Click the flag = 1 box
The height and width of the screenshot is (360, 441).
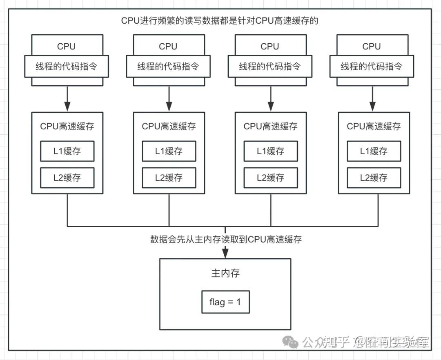(225, 302)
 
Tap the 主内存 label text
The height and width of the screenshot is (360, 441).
(225, 273)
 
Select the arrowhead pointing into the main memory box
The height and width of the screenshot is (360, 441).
(225, 254)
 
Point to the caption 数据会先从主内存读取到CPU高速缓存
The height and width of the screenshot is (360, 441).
(226, 240)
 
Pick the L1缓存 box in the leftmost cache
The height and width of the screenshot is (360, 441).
(67, 151)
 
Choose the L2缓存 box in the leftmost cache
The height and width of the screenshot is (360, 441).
(67, 178)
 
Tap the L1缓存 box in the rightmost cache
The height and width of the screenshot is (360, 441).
(374, 151)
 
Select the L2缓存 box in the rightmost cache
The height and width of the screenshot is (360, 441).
(374, 178)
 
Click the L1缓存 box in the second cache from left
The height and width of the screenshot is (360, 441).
(169, 151)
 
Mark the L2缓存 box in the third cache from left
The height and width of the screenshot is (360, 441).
(271, 178)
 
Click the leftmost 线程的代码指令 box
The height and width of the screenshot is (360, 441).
(67, 67)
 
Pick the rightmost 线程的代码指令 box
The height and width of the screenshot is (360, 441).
(372, 67)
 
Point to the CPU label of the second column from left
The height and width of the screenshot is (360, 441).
(168, 47)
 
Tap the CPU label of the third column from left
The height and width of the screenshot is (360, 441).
(270, 47)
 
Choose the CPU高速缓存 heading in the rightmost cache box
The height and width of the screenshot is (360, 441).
(374, 127)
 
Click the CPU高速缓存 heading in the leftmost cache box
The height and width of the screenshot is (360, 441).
(67, 127)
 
